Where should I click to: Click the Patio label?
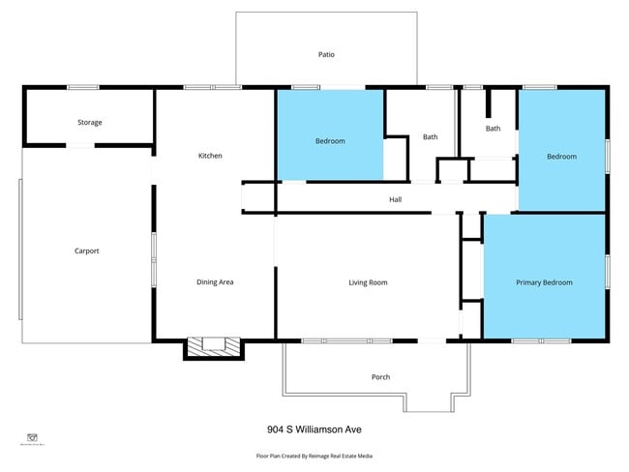[x=326, y=55]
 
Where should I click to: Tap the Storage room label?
[x=90, y=123]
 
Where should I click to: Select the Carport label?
[x=87, y=251]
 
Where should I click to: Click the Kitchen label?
[x=211, y=156]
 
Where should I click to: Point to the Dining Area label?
[x=215, y=282]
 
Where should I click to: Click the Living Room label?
[x=368, y=282]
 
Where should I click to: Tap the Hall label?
[x=395, y=200]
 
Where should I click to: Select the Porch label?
[x=381, y=377]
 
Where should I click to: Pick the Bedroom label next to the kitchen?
[x=330, y=141]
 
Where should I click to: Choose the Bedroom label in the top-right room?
[x=561, y=157]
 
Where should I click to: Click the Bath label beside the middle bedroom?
[x=430, y=136]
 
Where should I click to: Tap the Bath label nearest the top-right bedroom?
[x=494, y=128]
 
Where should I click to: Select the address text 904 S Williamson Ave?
[x=314, y=429]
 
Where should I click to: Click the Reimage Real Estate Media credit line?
[x=314, y=456]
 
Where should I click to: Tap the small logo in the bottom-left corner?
[x=33, y=437]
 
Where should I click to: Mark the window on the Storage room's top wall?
[x=83, y=88]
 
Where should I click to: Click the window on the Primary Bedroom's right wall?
[x=607, y=272]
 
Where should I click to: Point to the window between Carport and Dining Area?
[x=153, y=259]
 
